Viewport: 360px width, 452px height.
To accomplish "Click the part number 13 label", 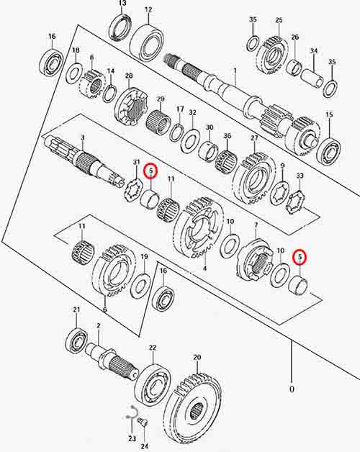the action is click(122, 4).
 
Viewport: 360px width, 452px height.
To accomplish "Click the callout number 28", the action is click(129, 76).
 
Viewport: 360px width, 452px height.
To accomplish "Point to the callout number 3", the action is click(83, 138).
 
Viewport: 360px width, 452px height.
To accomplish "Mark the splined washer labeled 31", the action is click(133, 190).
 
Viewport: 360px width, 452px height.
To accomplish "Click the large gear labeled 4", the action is click(199, 228).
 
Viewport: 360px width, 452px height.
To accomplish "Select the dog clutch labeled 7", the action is click(254, 259).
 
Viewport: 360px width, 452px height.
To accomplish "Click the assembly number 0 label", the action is click(292, 389).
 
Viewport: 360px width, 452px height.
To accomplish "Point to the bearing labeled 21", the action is click(76, 340).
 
